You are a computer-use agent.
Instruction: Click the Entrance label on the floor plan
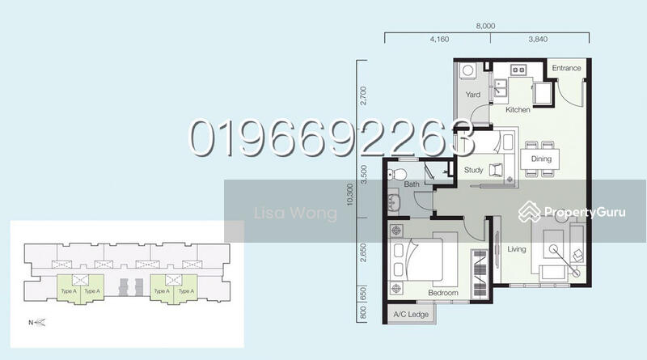point(566,69)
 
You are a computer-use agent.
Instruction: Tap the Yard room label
point(473,95)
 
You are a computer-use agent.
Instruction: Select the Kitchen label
point(518,109)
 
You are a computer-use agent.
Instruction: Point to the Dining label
point(541,159)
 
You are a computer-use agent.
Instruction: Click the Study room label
point(474,169)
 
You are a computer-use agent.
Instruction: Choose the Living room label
point(517,249)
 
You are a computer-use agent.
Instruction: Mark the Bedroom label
point(443,293)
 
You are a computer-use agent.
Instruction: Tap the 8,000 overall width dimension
point(486,27)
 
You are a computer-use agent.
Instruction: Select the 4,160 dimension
point(439,38)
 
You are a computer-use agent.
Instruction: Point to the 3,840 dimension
point(539,38)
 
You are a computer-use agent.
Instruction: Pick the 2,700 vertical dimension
point(365,96)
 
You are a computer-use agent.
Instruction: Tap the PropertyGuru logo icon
point(530,212)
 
